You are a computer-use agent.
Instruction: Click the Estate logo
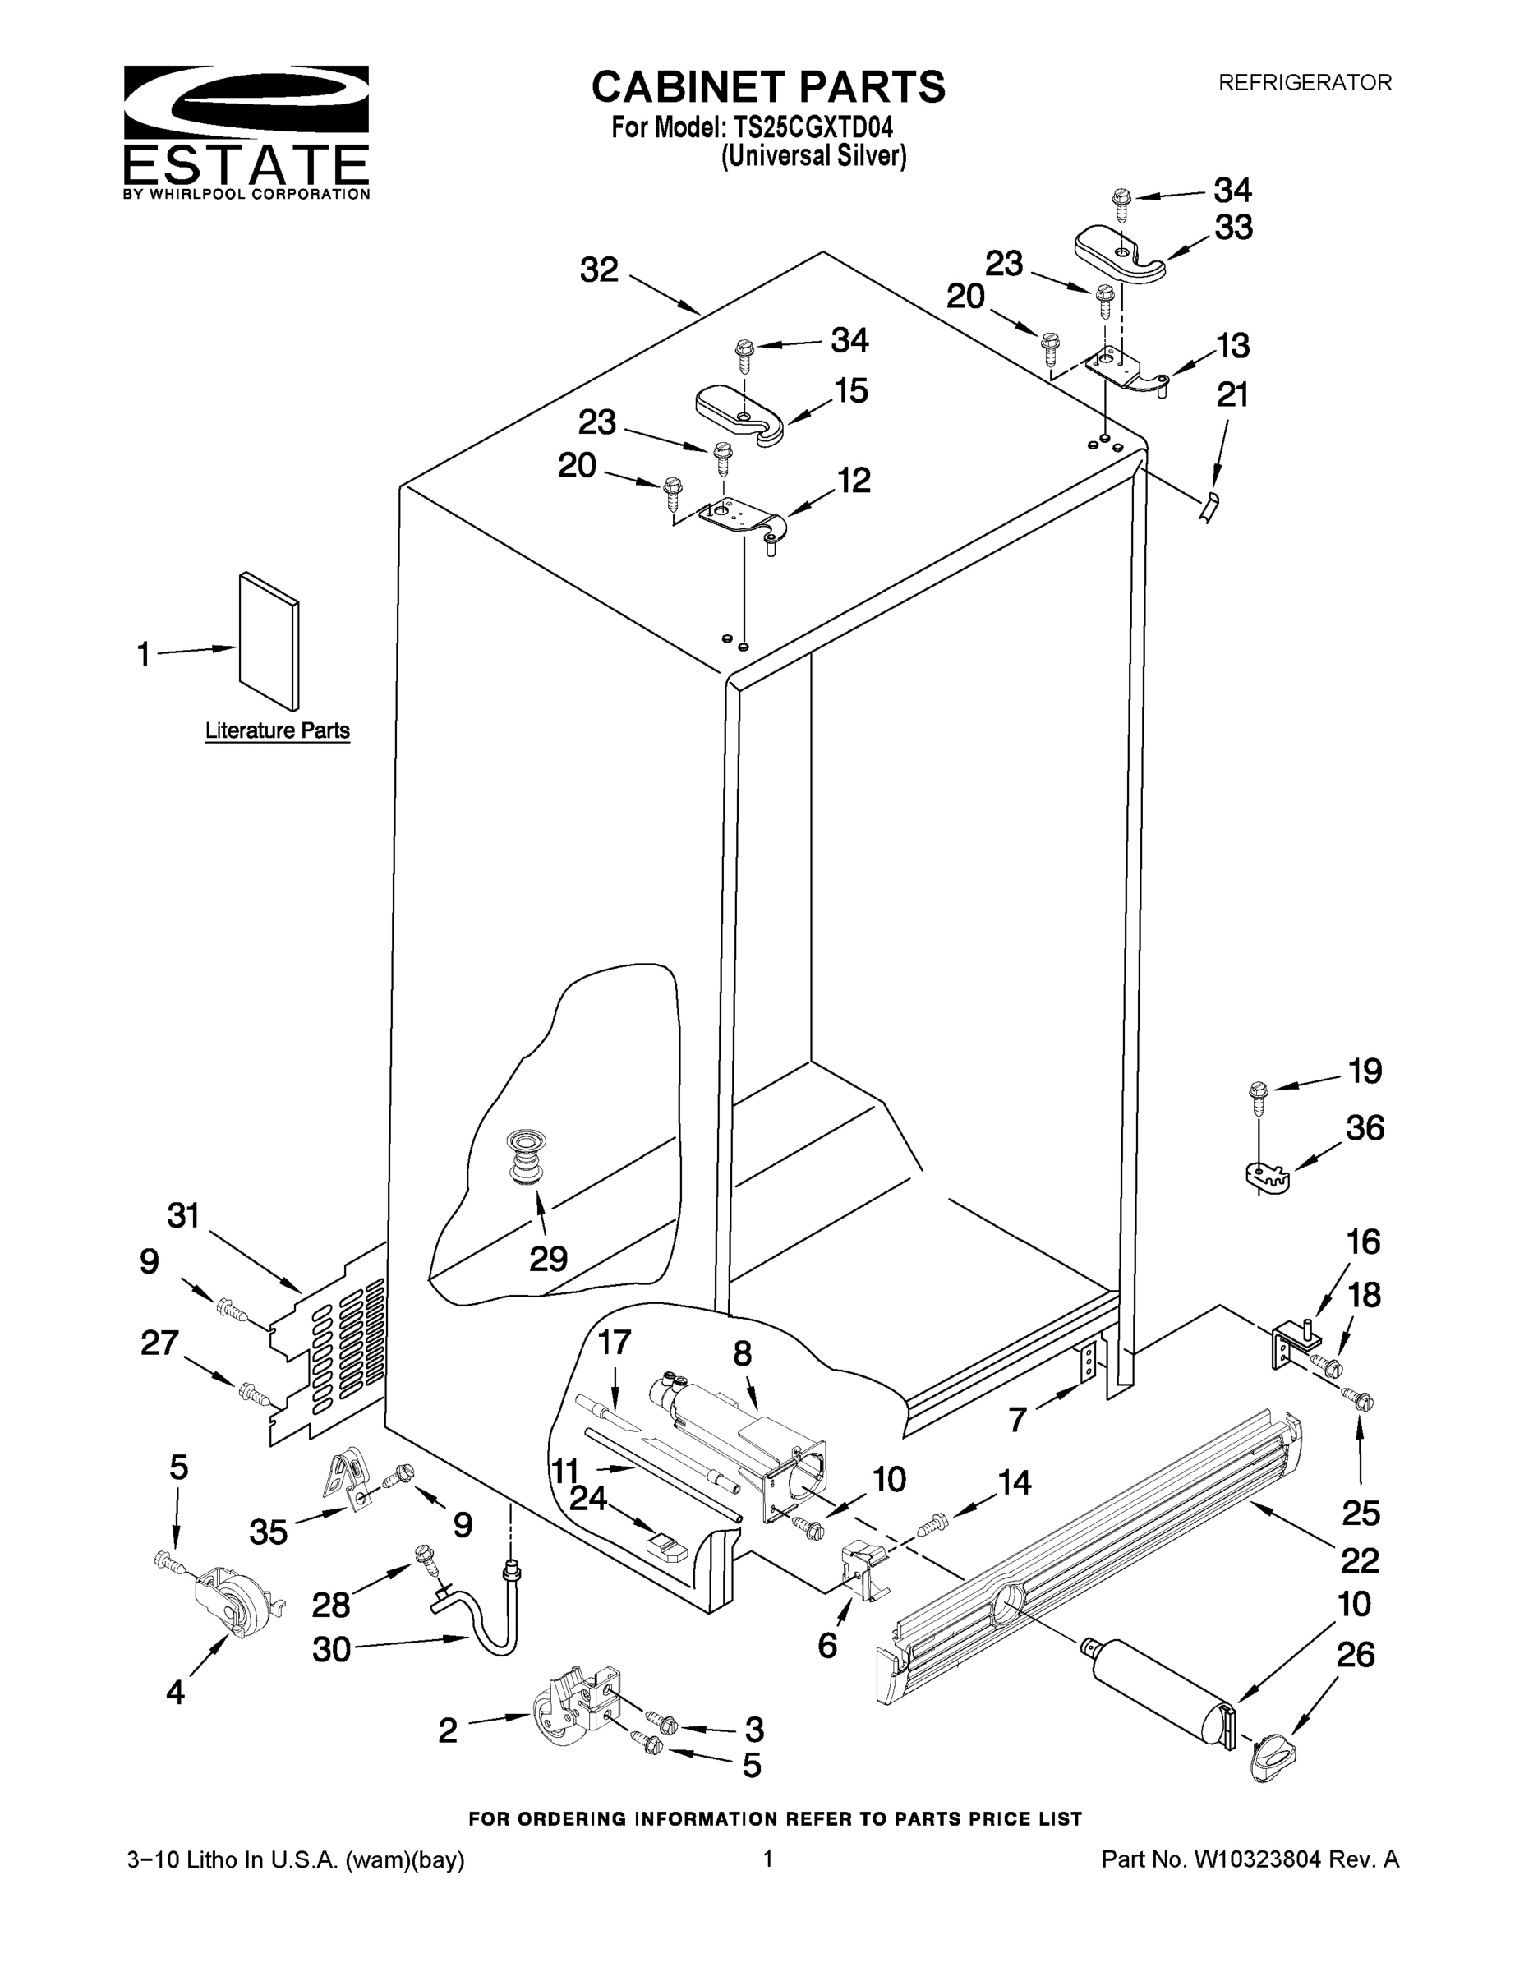tap(246, 131)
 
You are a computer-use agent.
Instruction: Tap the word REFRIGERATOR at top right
tap(1304, 83)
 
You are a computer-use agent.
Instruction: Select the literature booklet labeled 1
tap(268, 640)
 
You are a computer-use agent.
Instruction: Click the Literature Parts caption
tap(277, 730)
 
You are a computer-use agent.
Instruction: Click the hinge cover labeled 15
tap(739, 414)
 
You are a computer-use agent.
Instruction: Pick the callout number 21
tap(1232, 394)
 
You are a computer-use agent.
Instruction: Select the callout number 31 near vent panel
tap(183, 1215)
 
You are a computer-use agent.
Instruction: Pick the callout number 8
tap(742, 1353)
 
